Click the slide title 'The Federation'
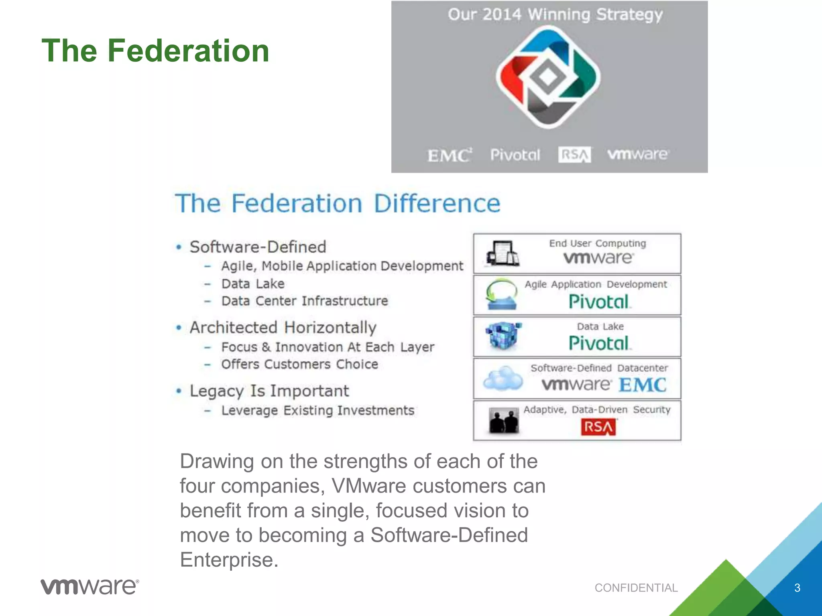155,51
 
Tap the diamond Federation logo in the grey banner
548,77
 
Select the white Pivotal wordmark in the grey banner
515,155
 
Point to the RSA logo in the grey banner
574,155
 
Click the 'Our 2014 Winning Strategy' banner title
555,15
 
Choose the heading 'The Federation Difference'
338,203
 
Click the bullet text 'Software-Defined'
258,247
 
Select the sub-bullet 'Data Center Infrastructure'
305,301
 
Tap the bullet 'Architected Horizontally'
283,328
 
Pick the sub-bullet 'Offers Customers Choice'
300,364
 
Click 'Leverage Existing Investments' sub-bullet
317,410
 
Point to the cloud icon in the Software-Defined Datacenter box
503,378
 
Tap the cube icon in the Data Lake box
503,336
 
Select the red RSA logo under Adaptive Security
598,427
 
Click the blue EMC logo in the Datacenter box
642,385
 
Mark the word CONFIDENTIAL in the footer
636,588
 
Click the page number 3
797,588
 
